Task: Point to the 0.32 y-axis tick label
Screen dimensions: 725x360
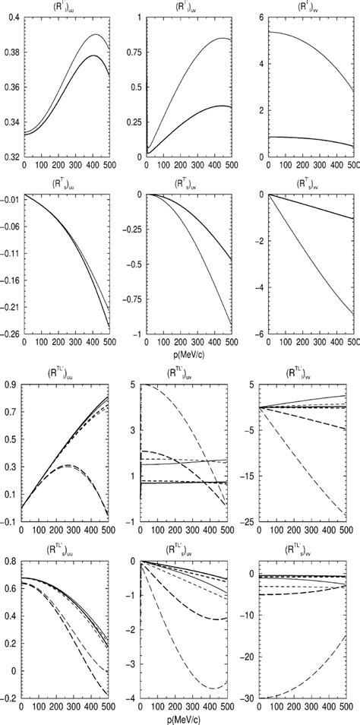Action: click(11, 157)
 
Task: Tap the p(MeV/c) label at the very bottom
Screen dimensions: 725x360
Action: click(179, 718)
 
